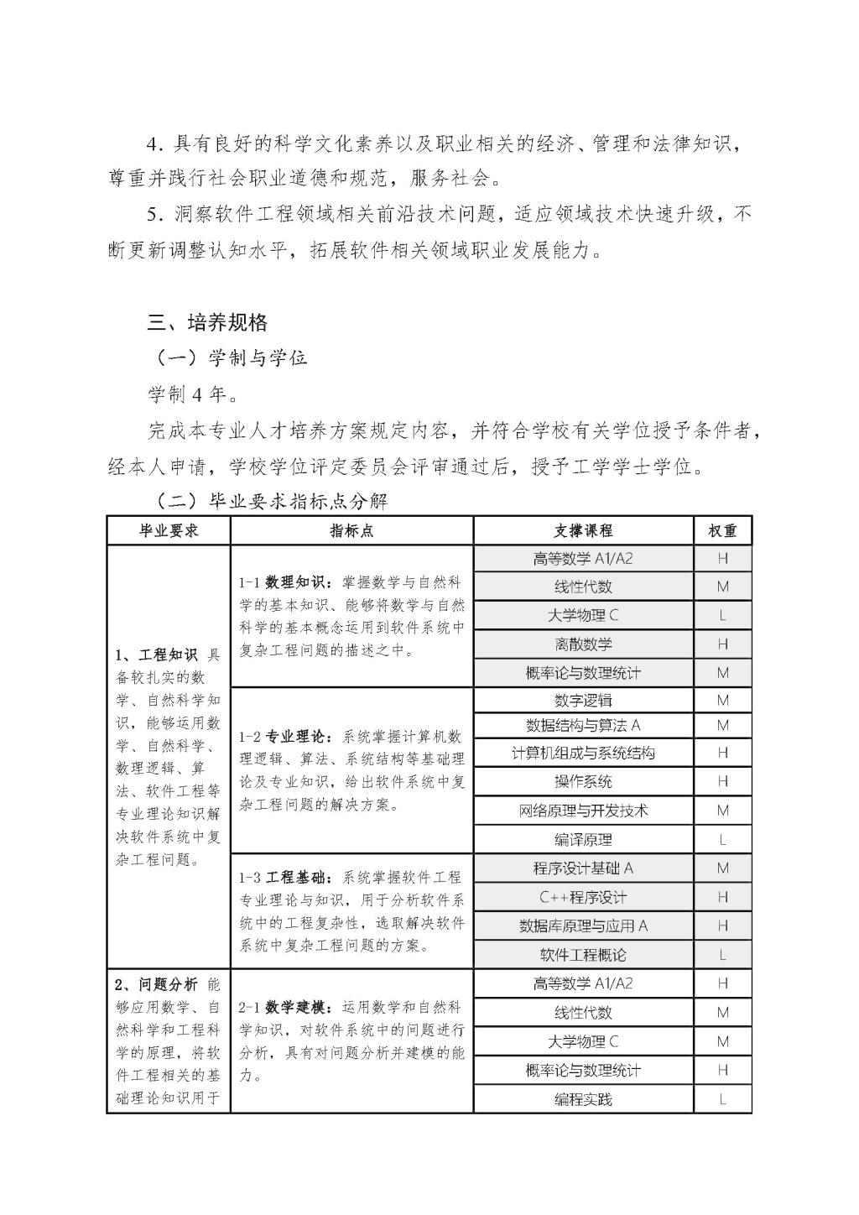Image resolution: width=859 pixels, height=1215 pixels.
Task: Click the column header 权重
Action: pyautogui.click(x=722, y=531)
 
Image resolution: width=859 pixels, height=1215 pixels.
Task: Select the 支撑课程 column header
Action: pyautogui.click(x=583, y=531)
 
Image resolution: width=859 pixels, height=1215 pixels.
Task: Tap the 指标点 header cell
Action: pyautogui.click(x=351, y=531)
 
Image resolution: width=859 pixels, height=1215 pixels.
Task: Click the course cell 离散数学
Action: pyautogui.click(x=583, y=644)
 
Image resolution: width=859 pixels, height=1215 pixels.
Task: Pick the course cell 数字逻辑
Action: pyautogui.click(x=583, y=701)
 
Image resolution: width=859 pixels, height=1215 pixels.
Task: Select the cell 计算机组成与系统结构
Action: pyautogui.click(x=583, y=754)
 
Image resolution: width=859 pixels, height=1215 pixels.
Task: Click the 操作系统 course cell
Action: pyautogui.click(x=583, y=782)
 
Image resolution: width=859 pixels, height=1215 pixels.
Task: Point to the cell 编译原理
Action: pyautogui.click(x=583, y=840)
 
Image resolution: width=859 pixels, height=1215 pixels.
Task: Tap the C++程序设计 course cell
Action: pyautogui.click(x=583, y=898)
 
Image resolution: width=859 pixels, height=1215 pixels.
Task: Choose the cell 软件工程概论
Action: pyautogui.click(x=583, y=955)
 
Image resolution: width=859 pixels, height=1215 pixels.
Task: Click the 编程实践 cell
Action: pyautogui.click(x=583, y=1099)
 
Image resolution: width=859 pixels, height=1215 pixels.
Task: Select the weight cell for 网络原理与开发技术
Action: pyautogui.click(x=722, y=811)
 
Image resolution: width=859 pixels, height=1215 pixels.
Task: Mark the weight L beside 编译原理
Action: pyautogui.click(x=722, y=840)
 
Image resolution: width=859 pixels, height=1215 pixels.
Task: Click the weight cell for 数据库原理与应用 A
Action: pyautogui.click(x=722, y=926)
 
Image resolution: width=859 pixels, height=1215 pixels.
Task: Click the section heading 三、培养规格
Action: pyautogui.click(x=207, y=322)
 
